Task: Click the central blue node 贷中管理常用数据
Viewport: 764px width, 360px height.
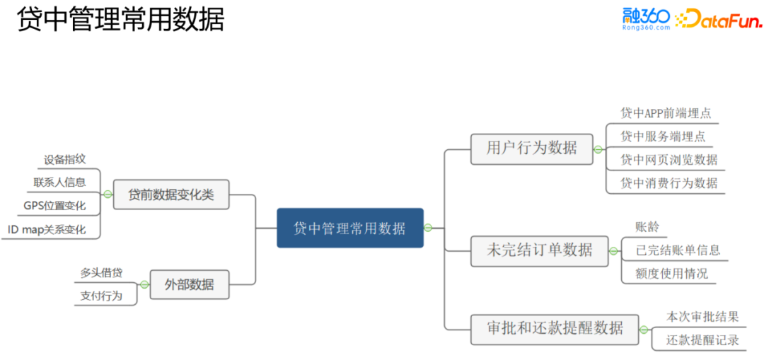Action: pyautogui.click(x=350, y=228)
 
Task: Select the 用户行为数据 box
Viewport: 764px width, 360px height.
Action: pyautogui.click(x=532, y=149)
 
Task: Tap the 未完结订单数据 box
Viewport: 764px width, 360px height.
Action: pyautogui.click(x=539, y=250)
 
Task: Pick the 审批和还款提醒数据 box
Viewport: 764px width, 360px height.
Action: pyautogui.click(x=555, y=328)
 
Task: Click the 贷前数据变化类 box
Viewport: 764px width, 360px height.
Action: pyautogui.click(x=171, y=194)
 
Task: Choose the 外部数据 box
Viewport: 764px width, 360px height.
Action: pyautogui.click(x=189, y=285)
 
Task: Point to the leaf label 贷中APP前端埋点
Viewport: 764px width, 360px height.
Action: pyautogui.click(x=666, y=113)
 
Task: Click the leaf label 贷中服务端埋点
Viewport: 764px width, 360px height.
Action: pyautogui.click(x=663, y=137)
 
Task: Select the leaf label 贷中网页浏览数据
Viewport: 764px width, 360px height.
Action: pyautogui.click(x=668, y=160)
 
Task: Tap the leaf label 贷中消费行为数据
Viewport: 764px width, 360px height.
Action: pyautogui.click(x=668, y=183)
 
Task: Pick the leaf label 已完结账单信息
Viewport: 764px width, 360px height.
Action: pyautogui.click(x=678, y=250)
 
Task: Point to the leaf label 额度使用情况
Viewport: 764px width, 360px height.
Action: pyautogui.click(x=671, y=273)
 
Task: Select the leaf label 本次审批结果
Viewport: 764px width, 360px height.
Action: pyautogui.click(x=702, y=317)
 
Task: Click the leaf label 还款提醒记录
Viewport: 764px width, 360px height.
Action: pyautogui.click(x=702, y=340)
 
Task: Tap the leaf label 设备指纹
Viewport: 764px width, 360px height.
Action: pyautogui.click(x=64, y=160)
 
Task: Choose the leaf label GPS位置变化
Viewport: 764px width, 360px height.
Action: pyautogui.click(x=54, y=206)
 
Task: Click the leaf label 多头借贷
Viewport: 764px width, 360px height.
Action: pyautogui.click(x=101, y=272)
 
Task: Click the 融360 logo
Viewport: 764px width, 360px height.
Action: pyautogui.click(x=646, y=18)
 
